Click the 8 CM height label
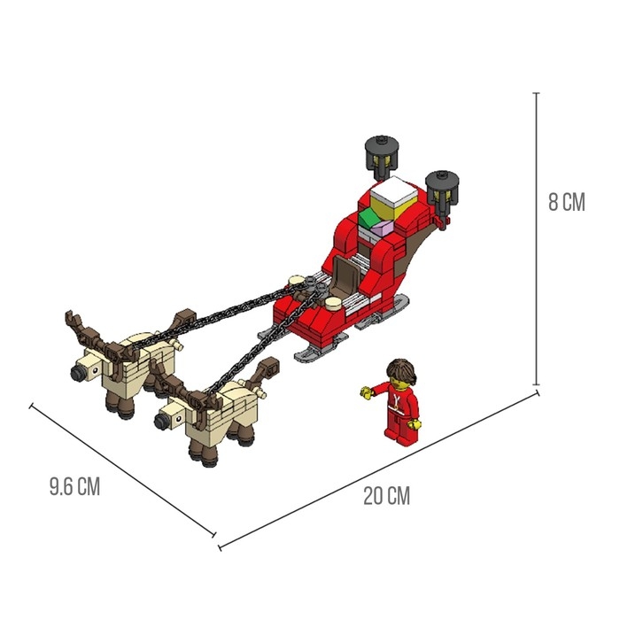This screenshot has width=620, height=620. (x=566, y=202)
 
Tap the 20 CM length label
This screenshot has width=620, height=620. (x=387, y=496)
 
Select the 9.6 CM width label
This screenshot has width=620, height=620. (x=74, y=486)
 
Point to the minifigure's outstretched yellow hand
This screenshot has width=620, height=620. (x=367, y=392)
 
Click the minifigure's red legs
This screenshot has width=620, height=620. (x=400, y=428)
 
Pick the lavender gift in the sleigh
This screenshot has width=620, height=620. (x=382, y=229)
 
